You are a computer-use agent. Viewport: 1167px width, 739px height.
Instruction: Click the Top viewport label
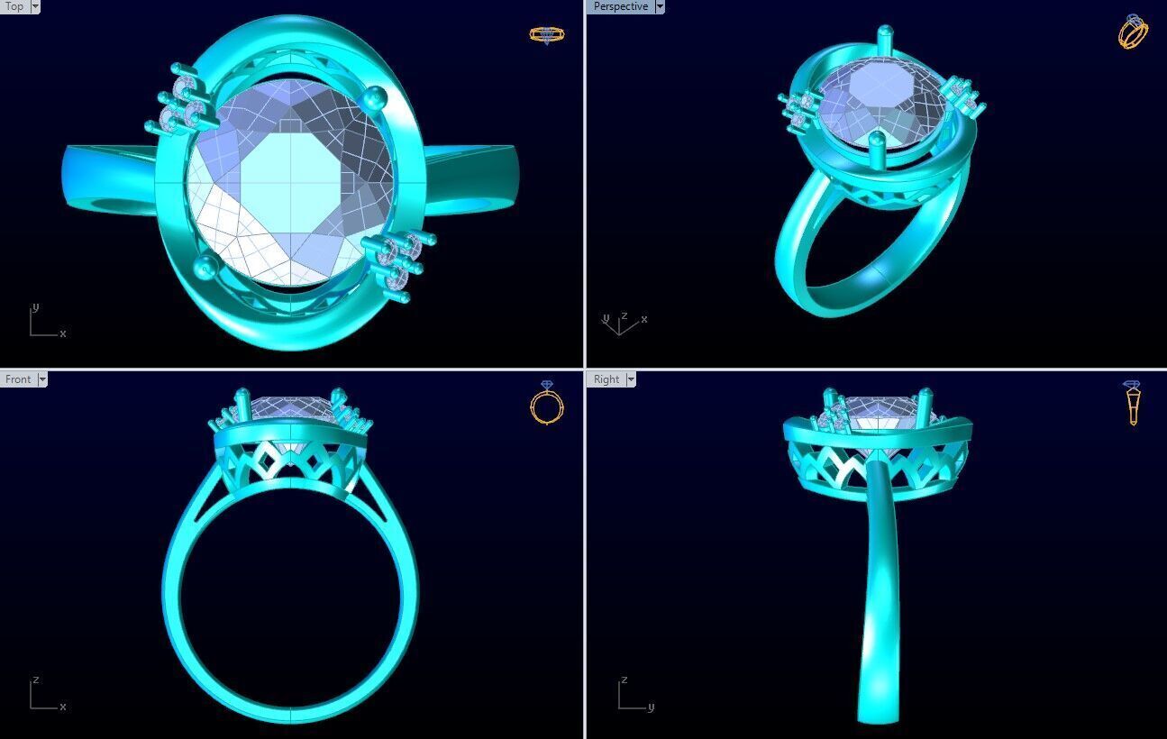tap(14, 6)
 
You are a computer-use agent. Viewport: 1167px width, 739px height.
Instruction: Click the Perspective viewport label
tap(620, 6)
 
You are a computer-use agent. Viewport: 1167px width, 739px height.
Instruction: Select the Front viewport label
tap(17, 379)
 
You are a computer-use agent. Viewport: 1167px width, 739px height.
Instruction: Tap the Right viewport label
tap(606, 379)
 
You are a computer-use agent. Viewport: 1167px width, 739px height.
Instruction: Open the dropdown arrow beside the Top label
tap(35, 6)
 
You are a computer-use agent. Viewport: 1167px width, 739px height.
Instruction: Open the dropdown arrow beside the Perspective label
tap(660, 6)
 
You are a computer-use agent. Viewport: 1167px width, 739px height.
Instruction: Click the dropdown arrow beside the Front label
tap(41, 379)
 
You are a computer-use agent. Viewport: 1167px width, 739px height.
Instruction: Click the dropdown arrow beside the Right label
tap(630, 379)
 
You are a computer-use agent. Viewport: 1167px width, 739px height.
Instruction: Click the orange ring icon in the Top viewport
tap(546, 35)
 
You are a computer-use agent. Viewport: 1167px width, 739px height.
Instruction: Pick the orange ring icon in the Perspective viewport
tap(1133, 32)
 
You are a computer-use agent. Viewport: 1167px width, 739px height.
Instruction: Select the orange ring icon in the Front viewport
tap(546, 403)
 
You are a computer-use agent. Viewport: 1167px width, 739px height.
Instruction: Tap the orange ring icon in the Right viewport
tap(1132, 403)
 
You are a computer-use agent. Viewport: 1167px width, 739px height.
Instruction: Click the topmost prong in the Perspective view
tap(884, 34)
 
